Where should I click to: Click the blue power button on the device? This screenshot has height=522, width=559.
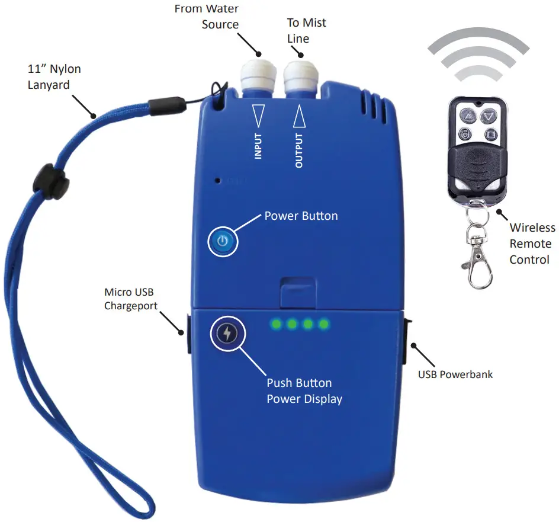click(223, 241)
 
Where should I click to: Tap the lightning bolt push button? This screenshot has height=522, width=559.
click(227, 334)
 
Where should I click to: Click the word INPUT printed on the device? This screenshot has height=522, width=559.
click(258, 146)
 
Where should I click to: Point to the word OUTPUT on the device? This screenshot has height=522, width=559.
click(299, 150)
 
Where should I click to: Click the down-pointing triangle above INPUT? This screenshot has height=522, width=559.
click(258, 116)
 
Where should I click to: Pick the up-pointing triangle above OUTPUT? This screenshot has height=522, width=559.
click(299, 116)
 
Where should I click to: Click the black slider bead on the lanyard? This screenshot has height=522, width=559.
click(50, 181)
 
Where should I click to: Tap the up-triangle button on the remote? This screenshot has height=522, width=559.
click(468, 116)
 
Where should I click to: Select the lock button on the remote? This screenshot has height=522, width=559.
click(465, 134)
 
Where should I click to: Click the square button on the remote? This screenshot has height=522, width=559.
click(491, 134)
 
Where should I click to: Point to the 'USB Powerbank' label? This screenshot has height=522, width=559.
click(455, 374)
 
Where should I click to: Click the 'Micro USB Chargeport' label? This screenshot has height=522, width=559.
click(131, 299)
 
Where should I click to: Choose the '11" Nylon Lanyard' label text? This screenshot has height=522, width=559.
click(54, 76)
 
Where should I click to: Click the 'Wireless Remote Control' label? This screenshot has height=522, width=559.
click(532, 244)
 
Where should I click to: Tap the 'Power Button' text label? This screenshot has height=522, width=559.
click(301, 216)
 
